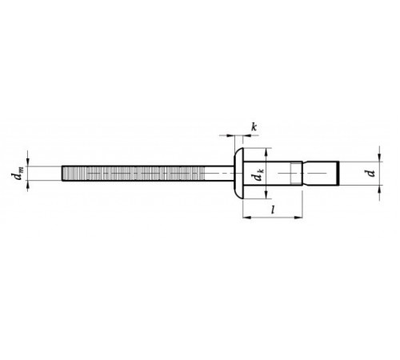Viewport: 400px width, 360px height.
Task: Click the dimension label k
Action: pyautogui.click(x=254, y=127)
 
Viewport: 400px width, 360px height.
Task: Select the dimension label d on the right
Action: pyautogui.click(x=371, y=174)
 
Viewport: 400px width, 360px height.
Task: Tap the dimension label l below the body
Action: pyautogui.click(x=273, y=210)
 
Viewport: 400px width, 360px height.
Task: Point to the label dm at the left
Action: pyautogui.click(x=17, y=173)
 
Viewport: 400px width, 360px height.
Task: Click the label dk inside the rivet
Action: pyautogui.click(x=259, y=174)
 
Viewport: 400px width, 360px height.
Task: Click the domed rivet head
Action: pyautogui.click(x=238, y=173)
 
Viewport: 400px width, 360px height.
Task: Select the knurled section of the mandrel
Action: pyautogui.click(x=134, y=174)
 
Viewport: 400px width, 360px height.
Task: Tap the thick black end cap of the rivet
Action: pyautogui.click(x=338, y=174)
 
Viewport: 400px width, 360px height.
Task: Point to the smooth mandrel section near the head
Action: pyautogui.click(x=219, y=174)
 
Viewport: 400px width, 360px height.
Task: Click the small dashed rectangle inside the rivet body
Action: pyautogui.click(x=294, y=174)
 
